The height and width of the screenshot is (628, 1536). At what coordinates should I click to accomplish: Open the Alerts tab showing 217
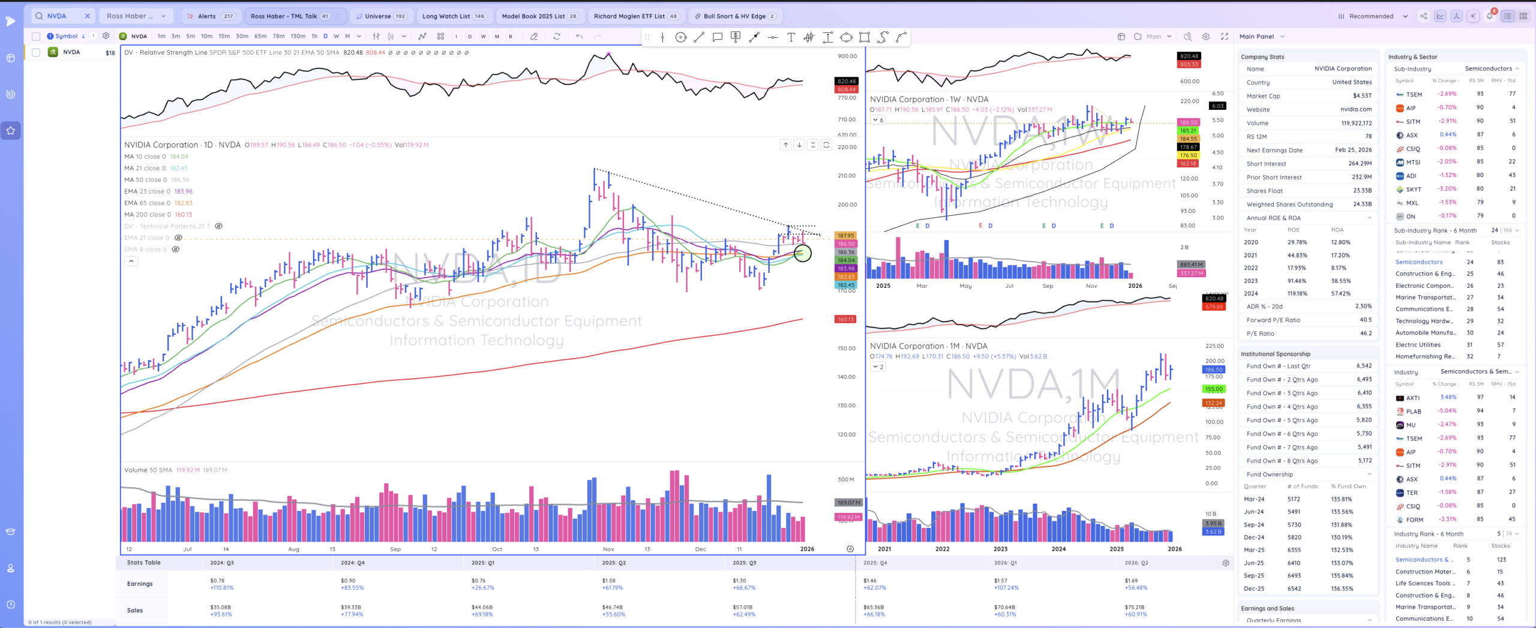click(211, 16)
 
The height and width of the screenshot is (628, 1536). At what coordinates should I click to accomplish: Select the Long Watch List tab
click(453, 16)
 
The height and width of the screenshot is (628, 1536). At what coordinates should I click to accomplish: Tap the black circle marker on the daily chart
click(802, 253)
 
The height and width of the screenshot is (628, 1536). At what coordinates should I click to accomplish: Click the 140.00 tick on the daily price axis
click(846, 377)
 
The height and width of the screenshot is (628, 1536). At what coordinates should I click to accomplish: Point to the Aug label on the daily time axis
click(293, 549)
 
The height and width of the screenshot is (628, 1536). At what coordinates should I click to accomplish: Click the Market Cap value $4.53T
click(1362, 96)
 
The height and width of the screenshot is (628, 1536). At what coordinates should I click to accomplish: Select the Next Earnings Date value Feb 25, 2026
click(1353, 150)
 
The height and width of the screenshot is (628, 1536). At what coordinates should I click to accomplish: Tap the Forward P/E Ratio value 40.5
click(1366, 320)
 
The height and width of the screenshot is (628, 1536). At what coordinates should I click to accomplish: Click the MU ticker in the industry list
click(1411, 425)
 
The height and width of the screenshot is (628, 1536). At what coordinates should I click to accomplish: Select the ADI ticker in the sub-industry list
click(1411, 176)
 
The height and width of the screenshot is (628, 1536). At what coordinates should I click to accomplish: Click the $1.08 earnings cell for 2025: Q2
click(610, 581)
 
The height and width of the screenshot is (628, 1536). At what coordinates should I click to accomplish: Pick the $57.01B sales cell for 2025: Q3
click(743, 607)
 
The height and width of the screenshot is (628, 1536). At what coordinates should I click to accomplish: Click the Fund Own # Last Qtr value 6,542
click(1364, 366)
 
